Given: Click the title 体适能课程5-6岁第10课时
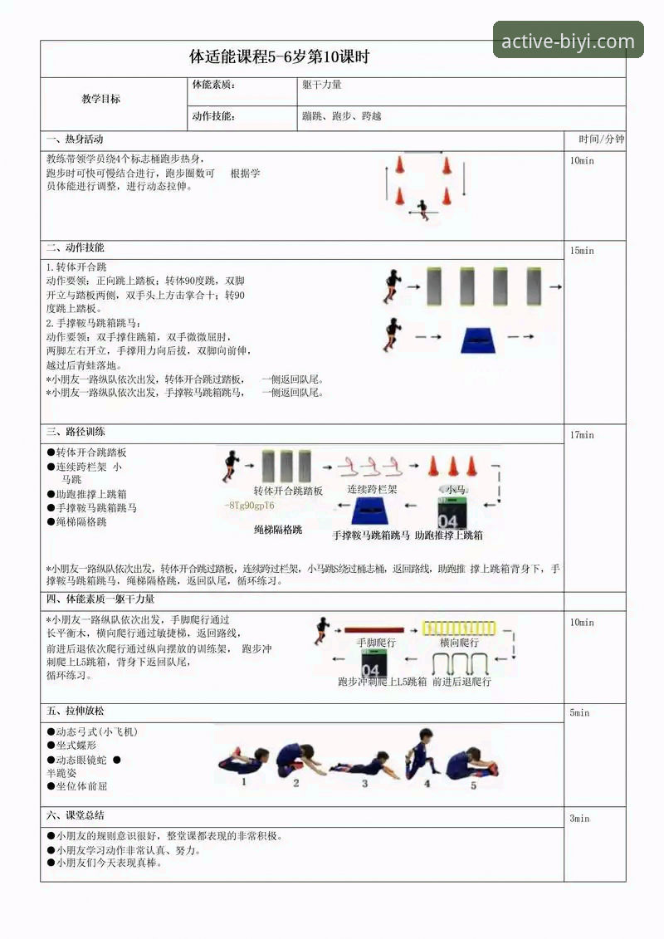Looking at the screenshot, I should pos(279,58).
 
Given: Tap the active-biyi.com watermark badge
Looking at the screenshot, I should pos(569,41).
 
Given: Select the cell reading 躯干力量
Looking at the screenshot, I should pos(322,85).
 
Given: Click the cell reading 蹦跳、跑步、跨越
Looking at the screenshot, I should pos(342,117).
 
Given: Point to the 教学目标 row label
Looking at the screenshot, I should pos(100,99).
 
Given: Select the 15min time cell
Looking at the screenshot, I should pos(582,251).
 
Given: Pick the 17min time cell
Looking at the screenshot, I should pos(582,435).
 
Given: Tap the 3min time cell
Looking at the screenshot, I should pos(579,819).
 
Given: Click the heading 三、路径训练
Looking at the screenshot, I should pos(76,433).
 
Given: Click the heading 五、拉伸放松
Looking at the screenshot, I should pos(76,712).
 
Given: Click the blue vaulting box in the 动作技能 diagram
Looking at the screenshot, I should pos(478,340).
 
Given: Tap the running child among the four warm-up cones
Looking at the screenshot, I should pos(424,208).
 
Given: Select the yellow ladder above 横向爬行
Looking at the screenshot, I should pos(458,628).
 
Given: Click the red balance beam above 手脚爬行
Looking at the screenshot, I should pos(374,630).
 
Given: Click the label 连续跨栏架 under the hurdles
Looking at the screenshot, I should pos(372,490).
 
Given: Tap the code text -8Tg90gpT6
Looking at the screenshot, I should pos(250,506).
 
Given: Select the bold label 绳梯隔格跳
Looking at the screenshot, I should pos(278,530).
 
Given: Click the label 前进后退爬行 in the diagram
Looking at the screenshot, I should pos(461,682).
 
